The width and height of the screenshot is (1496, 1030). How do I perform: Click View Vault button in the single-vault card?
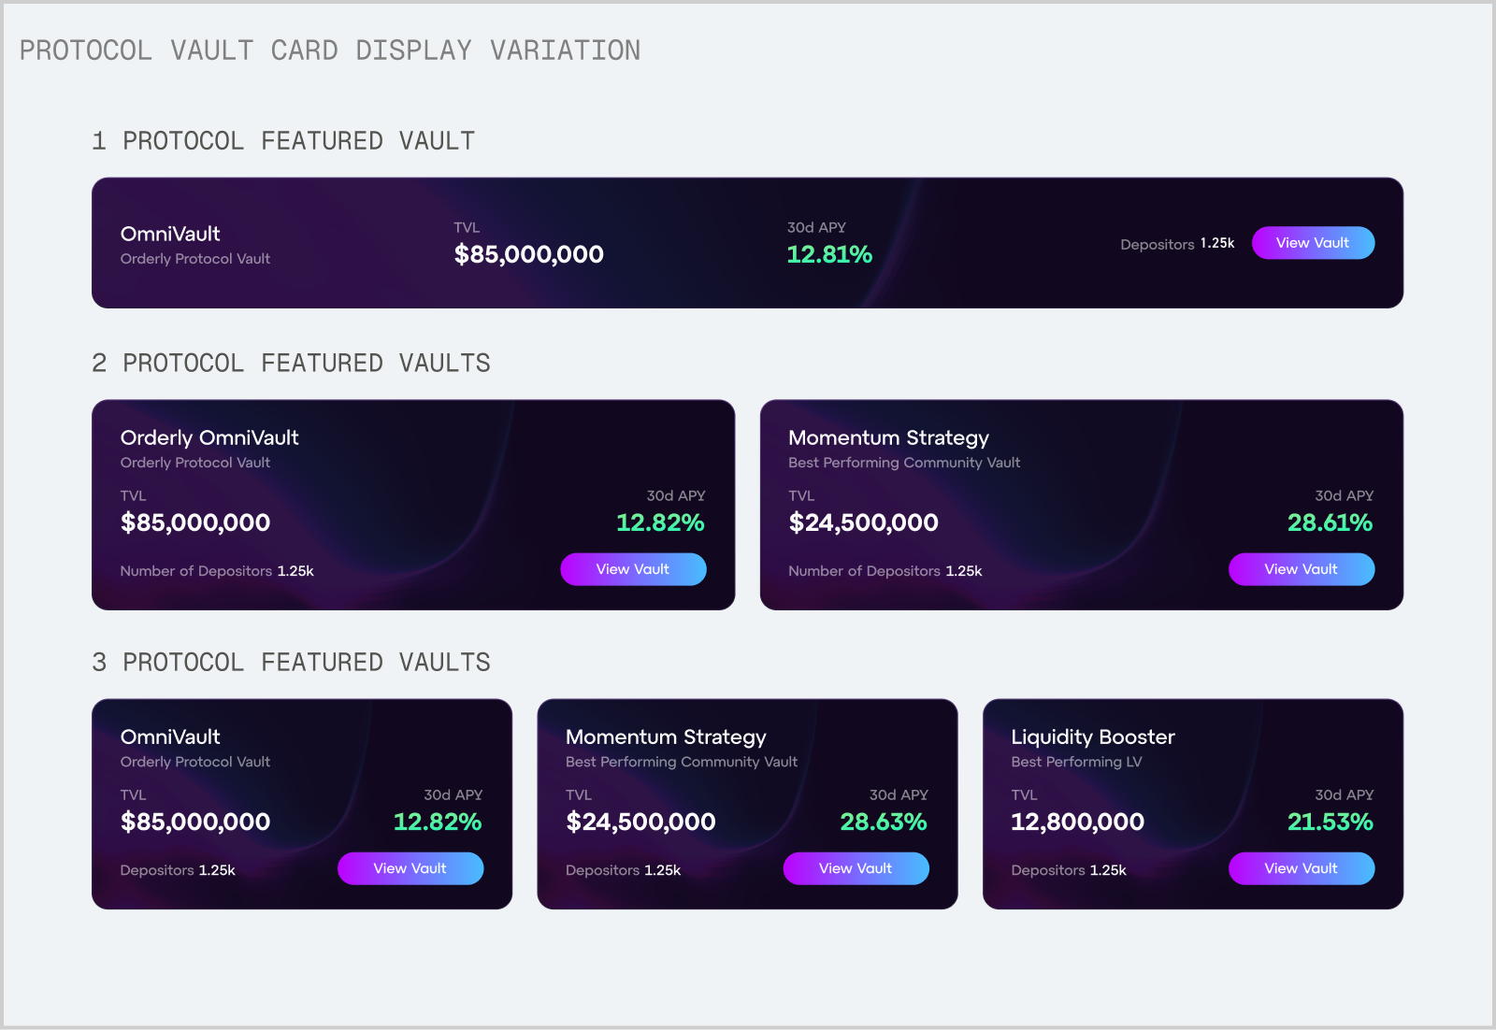coord(1313,243)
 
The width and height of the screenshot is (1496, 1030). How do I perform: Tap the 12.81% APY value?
coord(829,254)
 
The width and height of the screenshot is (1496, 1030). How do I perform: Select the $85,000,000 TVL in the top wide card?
coord(528,254)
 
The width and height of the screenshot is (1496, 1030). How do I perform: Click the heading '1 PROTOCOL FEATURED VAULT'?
coord(283,141)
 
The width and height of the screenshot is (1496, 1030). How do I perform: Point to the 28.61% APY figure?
coord(1330,522)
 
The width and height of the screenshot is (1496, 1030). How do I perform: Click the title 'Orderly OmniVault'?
coord(209,437)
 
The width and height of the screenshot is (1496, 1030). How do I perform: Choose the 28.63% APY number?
coord(884,822)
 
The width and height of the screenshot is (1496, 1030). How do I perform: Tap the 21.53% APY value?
coord(1330,822)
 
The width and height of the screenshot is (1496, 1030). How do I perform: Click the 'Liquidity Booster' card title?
coord(1092,737)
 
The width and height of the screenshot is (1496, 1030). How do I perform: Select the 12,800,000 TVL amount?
coord(1077,822)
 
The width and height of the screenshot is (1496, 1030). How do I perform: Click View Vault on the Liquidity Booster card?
coord(1301,868)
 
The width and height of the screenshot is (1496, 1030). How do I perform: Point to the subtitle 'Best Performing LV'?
coord(1076,762)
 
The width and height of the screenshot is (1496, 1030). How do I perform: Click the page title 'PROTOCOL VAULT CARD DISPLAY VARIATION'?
coord(330,50)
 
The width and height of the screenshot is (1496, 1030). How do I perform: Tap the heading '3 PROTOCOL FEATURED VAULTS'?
coord(291,663)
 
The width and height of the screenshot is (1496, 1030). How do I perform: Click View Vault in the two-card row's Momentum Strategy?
coord(1301,569)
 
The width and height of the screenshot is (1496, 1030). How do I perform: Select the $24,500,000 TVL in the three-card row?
coord(640,822)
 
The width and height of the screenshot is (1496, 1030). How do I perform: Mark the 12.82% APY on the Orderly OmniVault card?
coord(660,522)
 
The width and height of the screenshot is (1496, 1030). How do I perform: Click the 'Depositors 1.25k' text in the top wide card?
coord(1177,244)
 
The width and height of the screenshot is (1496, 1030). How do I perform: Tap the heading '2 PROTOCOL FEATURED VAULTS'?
coord(291,364)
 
